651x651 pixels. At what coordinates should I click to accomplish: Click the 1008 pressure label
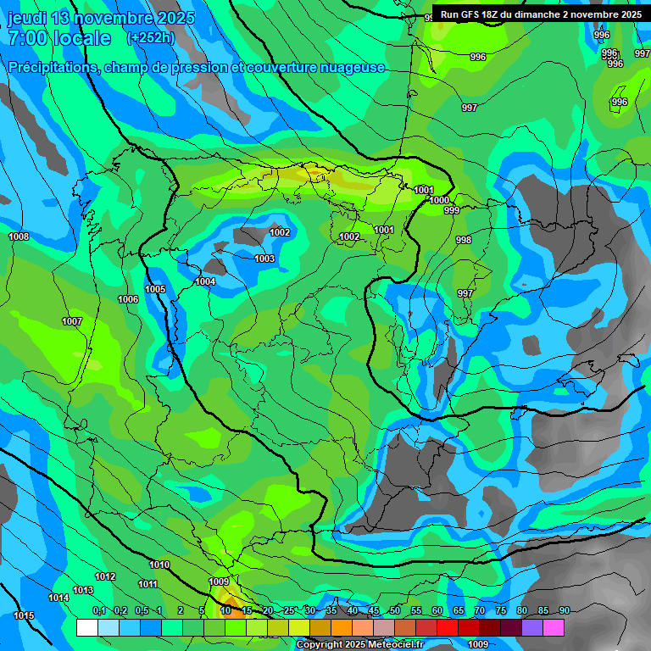click(x=19, y=236)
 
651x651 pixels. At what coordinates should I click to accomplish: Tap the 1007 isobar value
click(x=72, y=321)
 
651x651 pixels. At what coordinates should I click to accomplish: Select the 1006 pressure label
click(x=128, y=299)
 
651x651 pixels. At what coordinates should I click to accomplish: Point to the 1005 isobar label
click(x=155, y=289)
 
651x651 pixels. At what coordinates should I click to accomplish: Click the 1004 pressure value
click(x=205, y=281)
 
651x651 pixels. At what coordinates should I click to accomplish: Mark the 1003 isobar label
click(x=264, y=259)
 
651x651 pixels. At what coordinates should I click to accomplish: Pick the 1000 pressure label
click(x=439, y=200)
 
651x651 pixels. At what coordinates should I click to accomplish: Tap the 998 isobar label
click(x=464, y=240)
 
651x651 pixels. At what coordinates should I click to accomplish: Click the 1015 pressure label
click(x=25, y=615)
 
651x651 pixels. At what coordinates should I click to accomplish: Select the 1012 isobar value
click(x=105, y=576)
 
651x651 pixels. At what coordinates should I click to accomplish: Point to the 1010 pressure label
click(x=159, y=565)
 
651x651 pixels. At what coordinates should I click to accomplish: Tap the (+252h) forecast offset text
click(x=150, y=38)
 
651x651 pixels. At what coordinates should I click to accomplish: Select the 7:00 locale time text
click(x=59, y=38)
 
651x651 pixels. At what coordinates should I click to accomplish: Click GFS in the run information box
click(x=475, y=14)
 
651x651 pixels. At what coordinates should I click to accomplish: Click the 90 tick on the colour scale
click(x=564, y=610)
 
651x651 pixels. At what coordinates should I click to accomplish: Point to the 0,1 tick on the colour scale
click(x=99, y=610)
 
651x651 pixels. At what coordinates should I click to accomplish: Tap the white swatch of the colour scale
click(x=86, y=627)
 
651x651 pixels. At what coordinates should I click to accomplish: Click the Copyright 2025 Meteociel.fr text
click(x=359, y=644)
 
